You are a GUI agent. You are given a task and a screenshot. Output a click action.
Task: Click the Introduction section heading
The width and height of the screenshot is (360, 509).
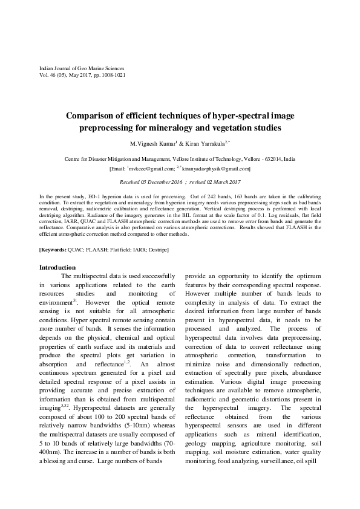(x=57, y=268)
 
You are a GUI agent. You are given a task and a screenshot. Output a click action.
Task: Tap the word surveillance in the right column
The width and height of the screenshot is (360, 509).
(x=276, y=461)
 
